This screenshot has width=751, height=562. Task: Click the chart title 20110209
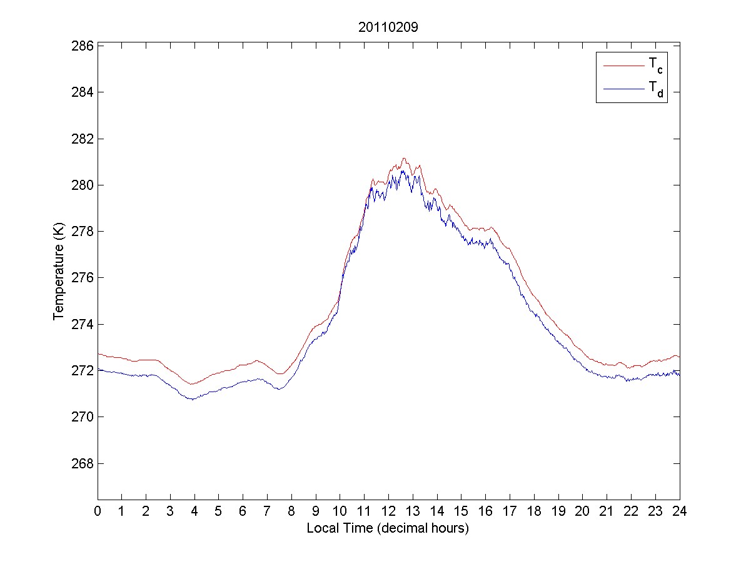coord(388,27)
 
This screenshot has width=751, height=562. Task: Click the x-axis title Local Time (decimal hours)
coord(388,528)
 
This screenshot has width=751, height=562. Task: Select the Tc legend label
coord(655,64)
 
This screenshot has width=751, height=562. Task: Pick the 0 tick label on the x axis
coord(98,510)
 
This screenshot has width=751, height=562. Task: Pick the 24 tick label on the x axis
coord(680,510)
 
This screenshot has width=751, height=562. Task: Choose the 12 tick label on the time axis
coord(388,510)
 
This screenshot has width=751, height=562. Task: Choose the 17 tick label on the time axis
coord(510,510)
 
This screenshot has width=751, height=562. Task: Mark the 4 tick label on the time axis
coord(194,510)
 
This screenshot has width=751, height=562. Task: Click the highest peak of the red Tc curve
coord(404,159)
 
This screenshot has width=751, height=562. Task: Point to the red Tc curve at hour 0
coord(98,354)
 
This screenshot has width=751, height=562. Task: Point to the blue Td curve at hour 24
coord(679,373)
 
